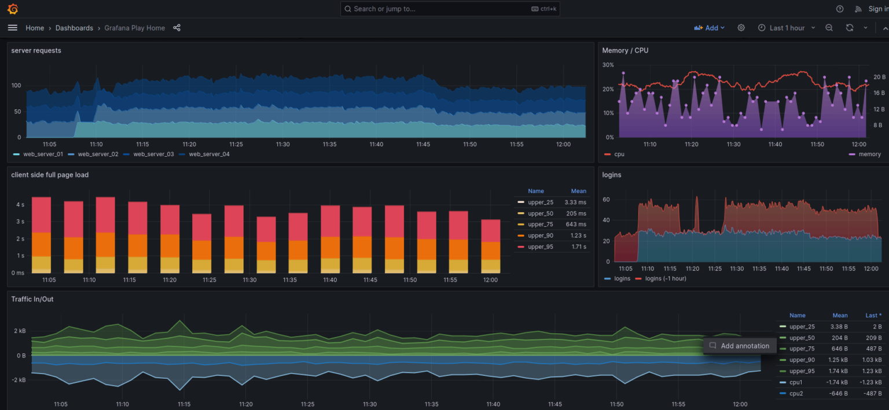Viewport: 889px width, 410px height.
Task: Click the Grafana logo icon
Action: (x=13, y=9)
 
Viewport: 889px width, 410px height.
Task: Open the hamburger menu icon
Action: (x=13, y=28)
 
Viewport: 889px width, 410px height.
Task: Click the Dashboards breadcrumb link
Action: (x=74, y=28)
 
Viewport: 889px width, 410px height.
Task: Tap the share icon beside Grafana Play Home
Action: (x=177, y=28)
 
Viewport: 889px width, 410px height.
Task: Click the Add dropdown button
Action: (x=710, y=28)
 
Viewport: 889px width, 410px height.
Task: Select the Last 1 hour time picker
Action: (x=787, y=28)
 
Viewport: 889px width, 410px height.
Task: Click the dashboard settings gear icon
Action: (x=741, y=28)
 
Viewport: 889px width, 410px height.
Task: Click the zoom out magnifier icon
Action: (x=829, y=28)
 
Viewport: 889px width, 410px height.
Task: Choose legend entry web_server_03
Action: (x=153, y=154)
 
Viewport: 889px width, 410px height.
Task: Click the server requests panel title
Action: (x=36, y=50)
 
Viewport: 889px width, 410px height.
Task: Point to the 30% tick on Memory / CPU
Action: (x=608, y=65)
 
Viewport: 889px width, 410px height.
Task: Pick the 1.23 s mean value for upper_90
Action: (x=577, y=235)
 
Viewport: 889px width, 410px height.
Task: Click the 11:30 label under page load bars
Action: (x=249, y=280)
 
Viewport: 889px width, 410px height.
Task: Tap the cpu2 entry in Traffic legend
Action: (x=797, y=393)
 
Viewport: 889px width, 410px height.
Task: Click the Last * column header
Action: (x=873, y=315)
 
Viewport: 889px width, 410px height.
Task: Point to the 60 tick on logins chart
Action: (x=606, y=200)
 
